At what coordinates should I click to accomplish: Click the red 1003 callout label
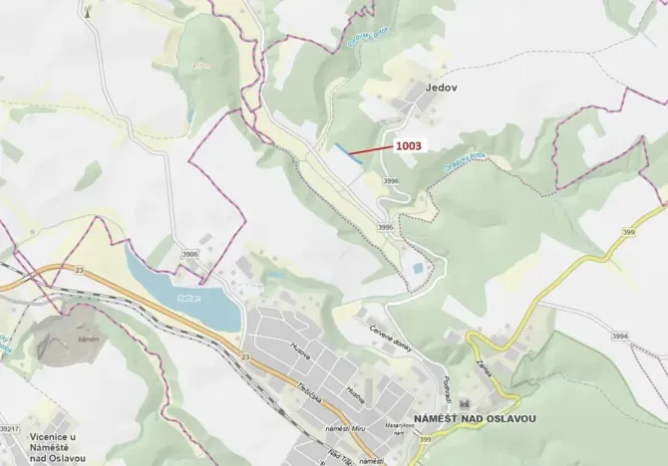pyautogui.click(x=409, y=145)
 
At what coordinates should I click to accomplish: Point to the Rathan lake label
pyautogui.click(x=189, y=297)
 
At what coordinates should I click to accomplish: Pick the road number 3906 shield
pyautogui.click(x=189, y=254)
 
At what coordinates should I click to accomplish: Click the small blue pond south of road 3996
pyautogui.click(x=415, y=269)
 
